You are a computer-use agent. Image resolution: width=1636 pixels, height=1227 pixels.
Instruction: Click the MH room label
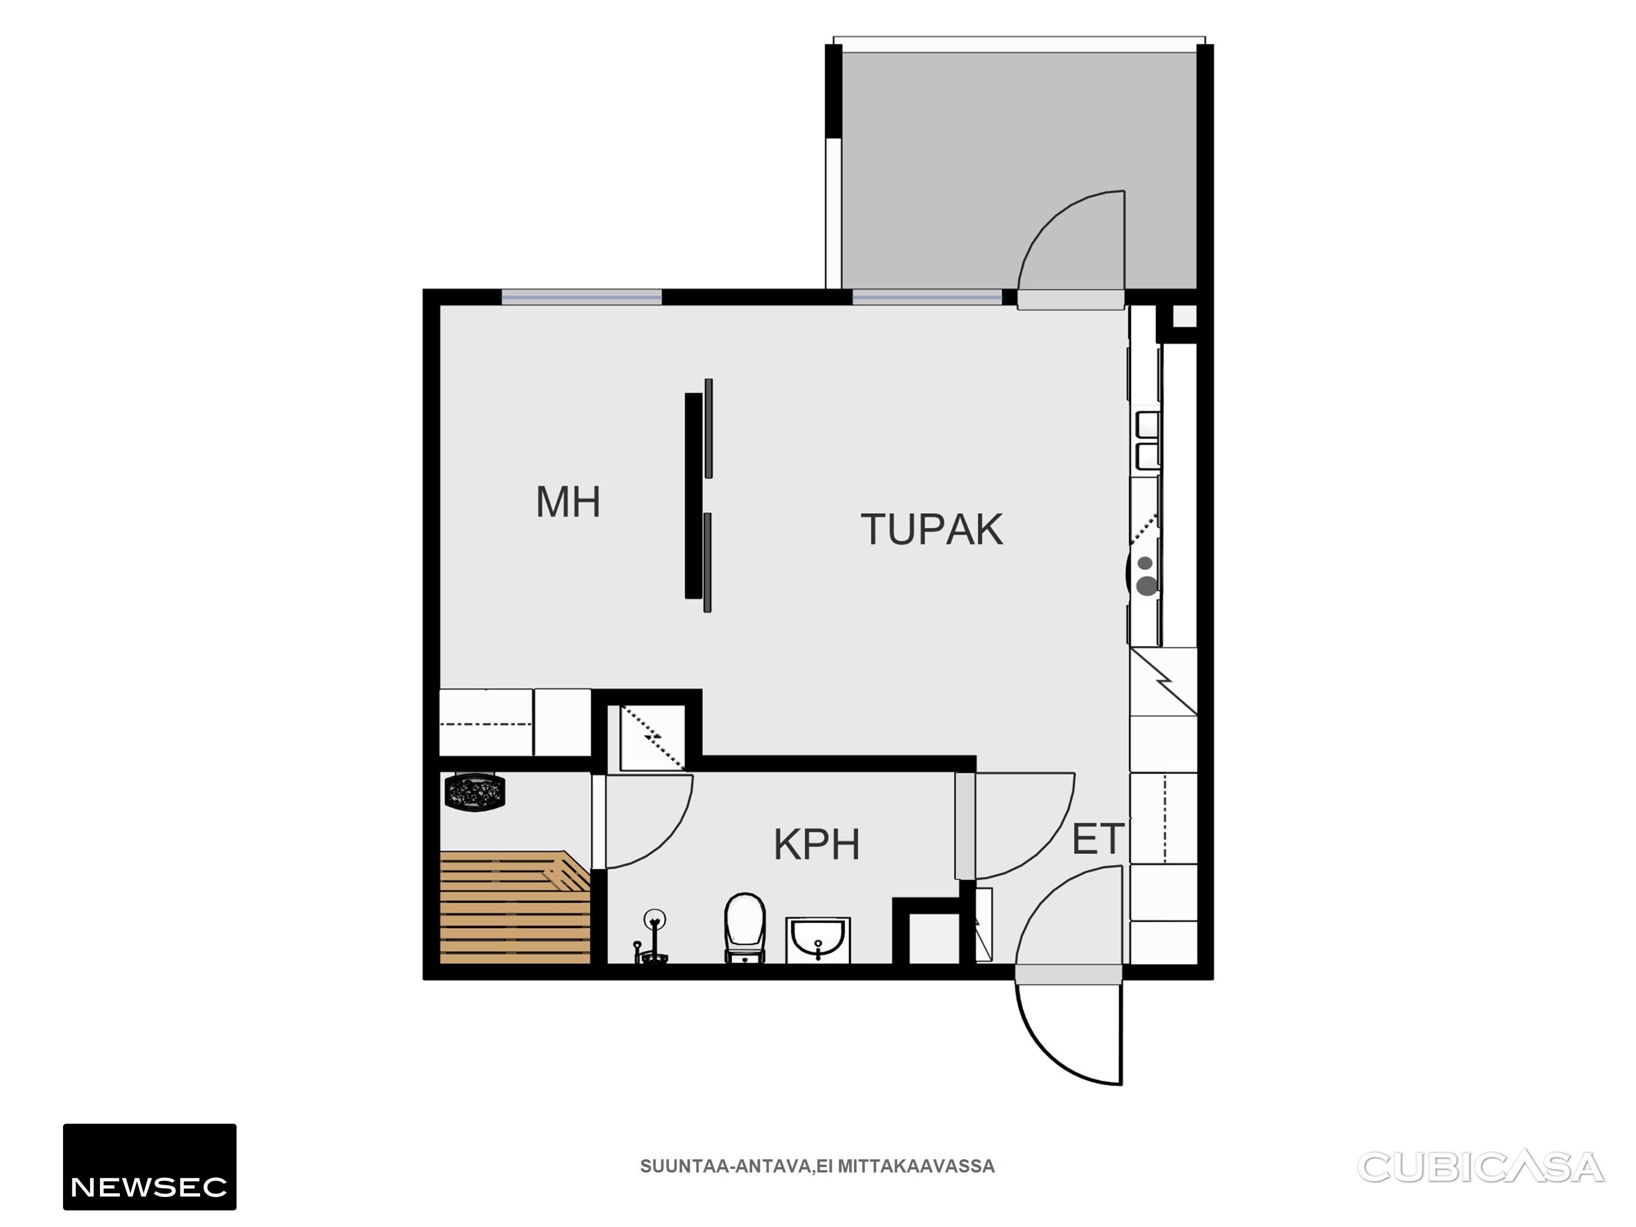568,502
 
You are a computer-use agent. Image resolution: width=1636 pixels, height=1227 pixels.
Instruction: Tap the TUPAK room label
932,530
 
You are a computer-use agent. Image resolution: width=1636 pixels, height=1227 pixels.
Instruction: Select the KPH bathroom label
817,845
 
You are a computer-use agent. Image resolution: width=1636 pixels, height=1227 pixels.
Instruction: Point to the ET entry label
1098,839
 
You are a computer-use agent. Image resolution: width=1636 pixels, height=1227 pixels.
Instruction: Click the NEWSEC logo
149,1166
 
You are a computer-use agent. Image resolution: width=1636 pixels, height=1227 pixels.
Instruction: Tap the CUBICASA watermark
1481,1167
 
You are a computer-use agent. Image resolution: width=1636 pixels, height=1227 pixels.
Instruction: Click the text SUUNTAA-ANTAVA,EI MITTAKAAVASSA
817,1166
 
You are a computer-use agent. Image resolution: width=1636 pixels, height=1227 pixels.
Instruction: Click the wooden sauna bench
515,908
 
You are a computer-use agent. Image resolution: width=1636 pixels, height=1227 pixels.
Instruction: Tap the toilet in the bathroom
745,928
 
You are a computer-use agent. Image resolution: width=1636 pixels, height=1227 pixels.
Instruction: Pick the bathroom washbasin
818,940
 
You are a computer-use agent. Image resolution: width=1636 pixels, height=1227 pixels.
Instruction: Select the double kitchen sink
1148,441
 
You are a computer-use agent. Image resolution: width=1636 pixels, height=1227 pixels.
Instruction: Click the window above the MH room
582,297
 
